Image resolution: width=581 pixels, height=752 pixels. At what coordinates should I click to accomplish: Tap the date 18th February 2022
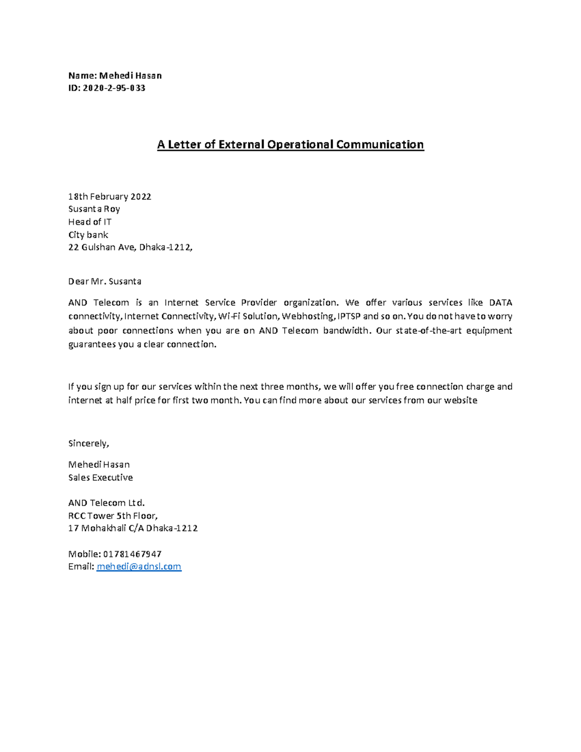109,197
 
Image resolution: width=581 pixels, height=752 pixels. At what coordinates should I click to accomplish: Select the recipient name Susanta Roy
94,209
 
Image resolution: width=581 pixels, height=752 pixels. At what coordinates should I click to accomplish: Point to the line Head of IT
90,222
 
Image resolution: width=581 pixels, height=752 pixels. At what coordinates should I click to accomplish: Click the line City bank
88,235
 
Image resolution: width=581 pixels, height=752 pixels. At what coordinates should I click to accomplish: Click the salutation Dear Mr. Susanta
105,281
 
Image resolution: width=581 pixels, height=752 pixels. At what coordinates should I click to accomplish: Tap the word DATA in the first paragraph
501,303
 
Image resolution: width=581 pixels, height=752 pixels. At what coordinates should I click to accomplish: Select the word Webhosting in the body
307,317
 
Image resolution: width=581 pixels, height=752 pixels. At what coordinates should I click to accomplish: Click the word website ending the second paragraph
460,400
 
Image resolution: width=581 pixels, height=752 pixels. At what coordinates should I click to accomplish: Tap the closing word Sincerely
89,444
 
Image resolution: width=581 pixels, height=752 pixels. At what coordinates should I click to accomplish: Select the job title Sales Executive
100,477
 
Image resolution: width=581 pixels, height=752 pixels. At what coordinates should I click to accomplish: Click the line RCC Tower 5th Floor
113,516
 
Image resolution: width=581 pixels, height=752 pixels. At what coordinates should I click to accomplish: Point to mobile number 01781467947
132,554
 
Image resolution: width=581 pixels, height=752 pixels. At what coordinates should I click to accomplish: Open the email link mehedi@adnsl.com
139,567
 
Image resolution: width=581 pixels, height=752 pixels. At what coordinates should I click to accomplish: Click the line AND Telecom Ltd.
107,503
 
